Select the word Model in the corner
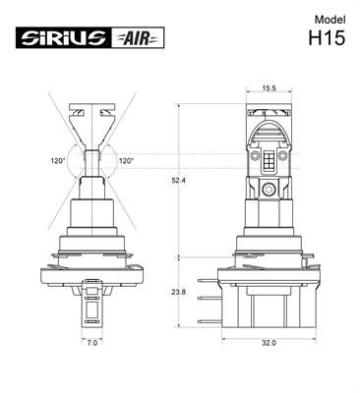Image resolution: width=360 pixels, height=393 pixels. [x=330, y=20]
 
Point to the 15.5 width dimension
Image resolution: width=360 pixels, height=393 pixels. [x=268, y=89]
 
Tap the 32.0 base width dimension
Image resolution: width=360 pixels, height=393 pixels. [x=268, y=342]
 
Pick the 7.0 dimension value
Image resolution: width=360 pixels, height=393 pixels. [x=91, y=342]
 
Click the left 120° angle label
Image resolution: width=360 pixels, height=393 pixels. [x=59, y=160]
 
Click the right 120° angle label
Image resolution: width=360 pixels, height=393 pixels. [x=126, y=160]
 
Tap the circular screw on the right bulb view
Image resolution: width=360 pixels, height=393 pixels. [x=268, y=188]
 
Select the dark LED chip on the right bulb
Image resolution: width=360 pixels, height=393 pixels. [x=268, y=158]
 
